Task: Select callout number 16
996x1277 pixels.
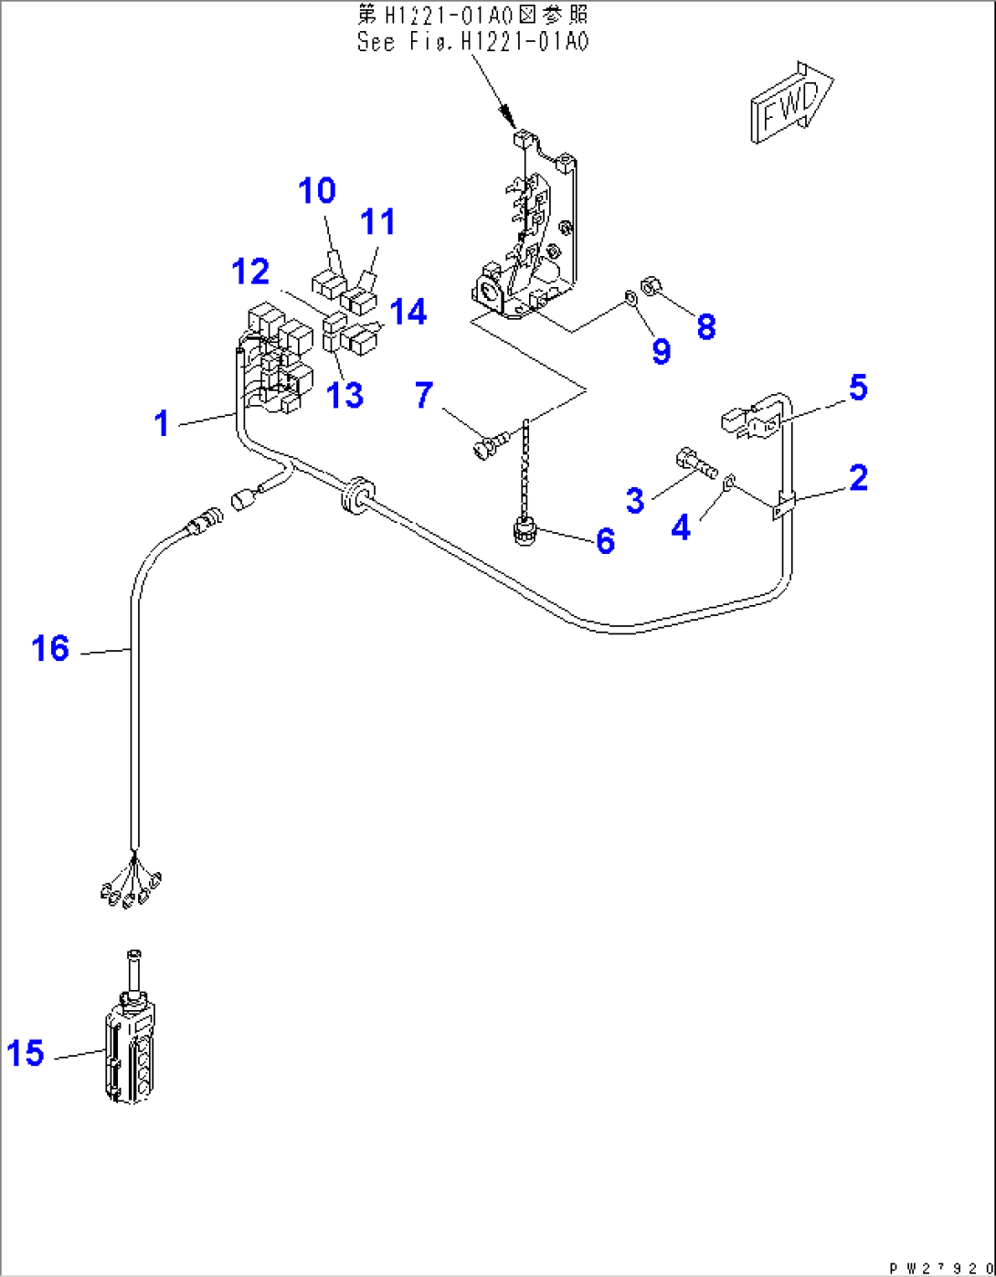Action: [50, 649]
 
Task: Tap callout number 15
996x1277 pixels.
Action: [26, 1053]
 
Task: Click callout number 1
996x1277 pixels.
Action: [163, 422]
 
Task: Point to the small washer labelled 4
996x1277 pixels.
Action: [729, 484]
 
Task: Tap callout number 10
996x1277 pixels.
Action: [317, 191]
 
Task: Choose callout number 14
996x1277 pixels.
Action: [408, 312]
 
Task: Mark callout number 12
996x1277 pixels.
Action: [250, 271]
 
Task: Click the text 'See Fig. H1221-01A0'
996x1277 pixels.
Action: [472, 42]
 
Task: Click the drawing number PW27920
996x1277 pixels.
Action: [939, 1268]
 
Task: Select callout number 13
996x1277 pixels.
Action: [345, 395]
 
